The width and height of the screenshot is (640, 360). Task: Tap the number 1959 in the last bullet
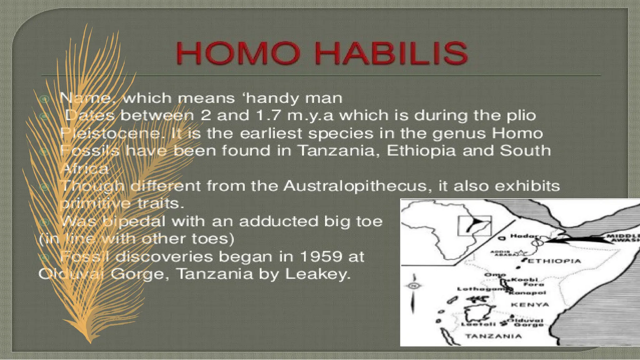(317, 257)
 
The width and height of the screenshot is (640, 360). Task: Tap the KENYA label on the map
(530, 305)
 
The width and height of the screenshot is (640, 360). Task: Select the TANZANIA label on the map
(493, 336)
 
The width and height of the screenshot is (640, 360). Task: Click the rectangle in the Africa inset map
(474, 226)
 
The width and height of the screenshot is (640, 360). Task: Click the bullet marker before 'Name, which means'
(44, 99)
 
